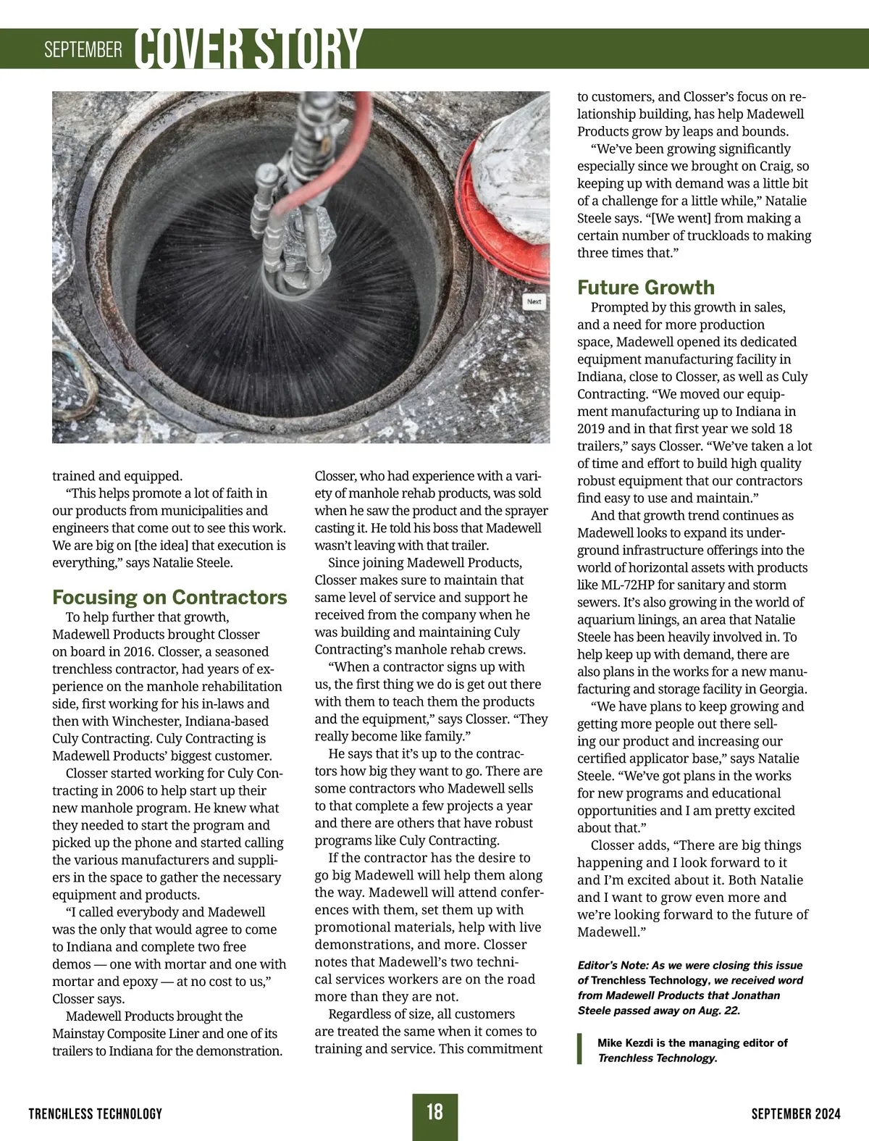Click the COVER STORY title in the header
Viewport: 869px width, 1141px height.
pyautogui.click(x=248, y=49)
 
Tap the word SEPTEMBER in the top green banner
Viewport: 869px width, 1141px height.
pyautogui.click(x=83, y=50)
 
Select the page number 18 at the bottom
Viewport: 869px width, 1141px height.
pyautogui.click(x=434, y=1112)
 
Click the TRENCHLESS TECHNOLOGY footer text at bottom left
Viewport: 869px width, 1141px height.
pyautogui.click(x=96, y=1113)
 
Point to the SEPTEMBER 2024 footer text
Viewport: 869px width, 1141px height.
pyautogui.click(x=796, y=1113)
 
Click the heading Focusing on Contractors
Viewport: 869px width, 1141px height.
pyautogui.click(x=169, y=598)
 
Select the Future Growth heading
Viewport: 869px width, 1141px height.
pyautogui.click(x=645, y=288)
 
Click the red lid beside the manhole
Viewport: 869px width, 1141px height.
pyautogui.click(x=511, y=239)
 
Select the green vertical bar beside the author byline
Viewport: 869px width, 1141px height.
pyautogui.click(x=579, y=1050)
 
